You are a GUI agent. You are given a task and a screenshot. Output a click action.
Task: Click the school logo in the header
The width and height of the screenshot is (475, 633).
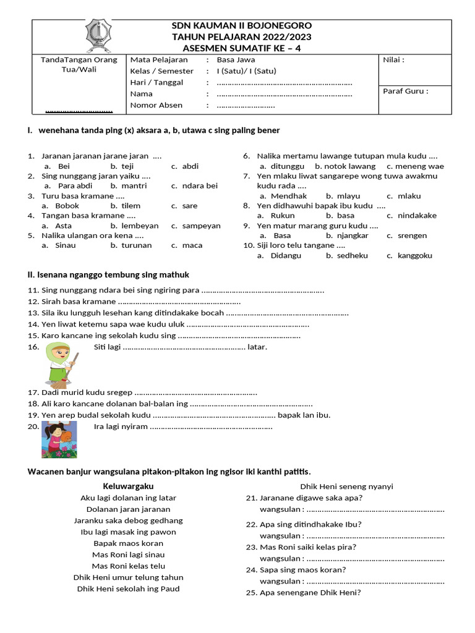[x=95, y=36]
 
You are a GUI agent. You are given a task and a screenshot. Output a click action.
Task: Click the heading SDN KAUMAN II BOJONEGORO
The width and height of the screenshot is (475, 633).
[x=241, y=25]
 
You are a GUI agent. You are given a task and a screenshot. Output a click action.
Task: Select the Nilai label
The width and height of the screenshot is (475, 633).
[x=394, y=60]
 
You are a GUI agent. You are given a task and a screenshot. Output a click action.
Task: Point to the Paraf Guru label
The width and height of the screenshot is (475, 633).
[x=406, y=91]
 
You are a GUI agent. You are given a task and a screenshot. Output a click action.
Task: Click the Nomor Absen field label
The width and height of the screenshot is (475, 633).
[x=156, y=105]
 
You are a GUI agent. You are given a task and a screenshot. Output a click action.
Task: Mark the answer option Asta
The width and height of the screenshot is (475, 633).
[x=63, y=226]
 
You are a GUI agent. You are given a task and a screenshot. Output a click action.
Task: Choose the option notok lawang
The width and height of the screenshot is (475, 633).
[x=345, y=166]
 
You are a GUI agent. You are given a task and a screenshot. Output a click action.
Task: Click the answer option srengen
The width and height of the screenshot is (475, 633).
[x=412, y=236]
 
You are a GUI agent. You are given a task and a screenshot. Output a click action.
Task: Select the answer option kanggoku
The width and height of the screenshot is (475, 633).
[x=414, y=255]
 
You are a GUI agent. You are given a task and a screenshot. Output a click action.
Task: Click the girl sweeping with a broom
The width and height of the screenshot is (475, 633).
[x=60, y=364]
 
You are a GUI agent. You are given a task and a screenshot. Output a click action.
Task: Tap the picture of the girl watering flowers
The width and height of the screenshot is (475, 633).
[x=59, y=440]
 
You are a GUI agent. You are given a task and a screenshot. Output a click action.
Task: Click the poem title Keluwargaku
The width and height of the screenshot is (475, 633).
[x=128, y=486]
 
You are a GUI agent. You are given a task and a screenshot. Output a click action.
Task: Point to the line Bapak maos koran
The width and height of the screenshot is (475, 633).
[x=128, y=543]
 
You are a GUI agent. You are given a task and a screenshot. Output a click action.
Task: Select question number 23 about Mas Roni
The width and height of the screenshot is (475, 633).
[x=309, y=547]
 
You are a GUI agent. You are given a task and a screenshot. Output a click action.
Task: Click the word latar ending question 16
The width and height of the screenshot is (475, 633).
[x=257, y=347]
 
